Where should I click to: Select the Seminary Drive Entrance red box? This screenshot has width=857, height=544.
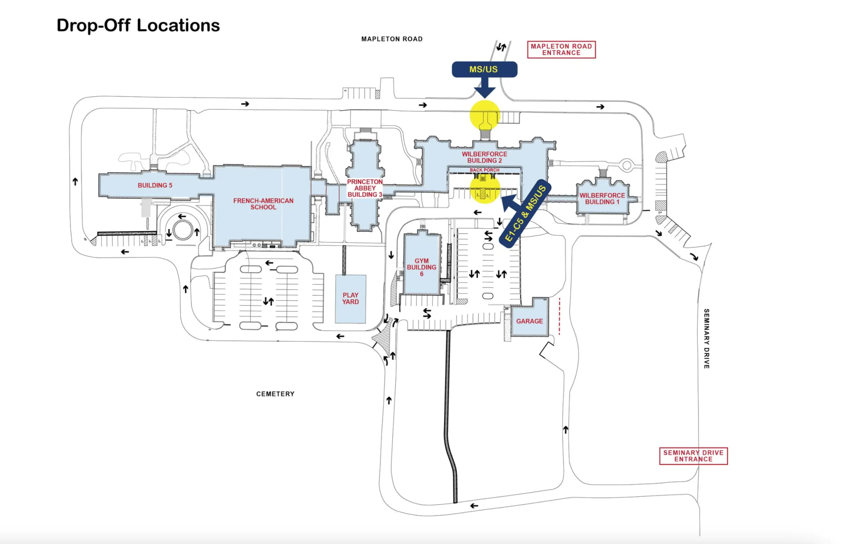coord(693,456)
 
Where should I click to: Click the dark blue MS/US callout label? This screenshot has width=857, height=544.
coord(484,69)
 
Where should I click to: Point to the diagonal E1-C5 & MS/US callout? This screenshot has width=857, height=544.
coord(525,214)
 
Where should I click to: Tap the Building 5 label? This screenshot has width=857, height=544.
coord(155,185)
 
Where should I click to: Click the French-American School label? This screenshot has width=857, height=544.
coord(263,204)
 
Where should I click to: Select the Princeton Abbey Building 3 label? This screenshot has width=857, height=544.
coord(365,188)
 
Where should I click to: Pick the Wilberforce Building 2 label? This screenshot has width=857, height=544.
coord(484,157)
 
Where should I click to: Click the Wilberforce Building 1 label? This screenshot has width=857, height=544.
coord(602,199)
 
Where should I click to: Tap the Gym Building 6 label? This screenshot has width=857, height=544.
coord(421,267)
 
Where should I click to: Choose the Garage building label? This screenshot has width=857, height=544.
coord(529,321)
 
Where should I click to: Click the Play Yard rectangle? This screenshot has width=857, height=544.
coord(350,299)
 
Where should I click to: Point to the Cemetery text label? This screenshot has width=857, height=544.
coord(275,394)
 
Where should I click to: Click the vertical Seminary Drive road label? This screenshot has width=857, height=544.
coord(706,338)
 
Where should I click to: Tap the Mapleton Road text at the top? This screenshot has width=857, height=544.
coord(392,39)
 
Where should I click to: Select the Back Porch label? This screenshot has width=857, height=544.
coord(484,170)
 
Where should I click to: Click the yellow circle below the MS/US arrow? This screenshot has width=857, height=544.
coord(485,114)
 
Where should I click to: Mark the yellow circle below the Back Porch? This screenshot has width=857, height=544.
coord(485,189)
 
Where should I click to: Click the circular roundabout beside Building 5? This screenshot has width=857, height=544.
coord(182,229)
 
